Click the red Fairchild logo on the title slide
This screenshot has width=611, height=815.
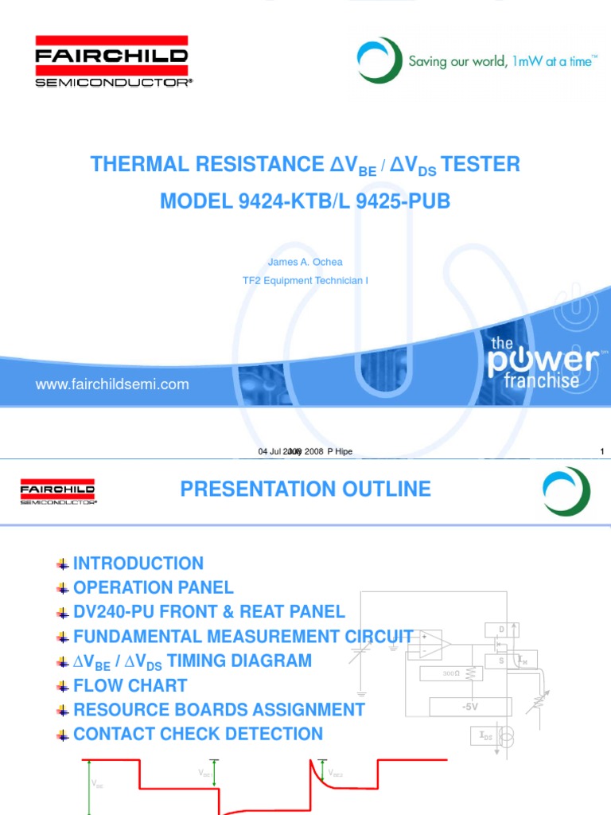(111, 60)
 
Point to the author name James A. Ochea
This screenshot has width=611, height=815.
(305, 263)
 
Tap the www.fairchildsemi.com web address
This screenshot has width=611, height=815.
(112, 384)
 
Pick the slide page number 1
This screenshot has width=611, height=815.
(602, 452)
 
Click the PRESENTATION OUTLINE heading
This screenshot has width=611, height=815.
(305, 489)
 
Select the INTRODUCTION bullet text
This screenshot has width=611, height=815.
(138, 563)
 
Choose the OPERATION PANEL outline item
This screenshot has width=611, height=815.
(154, 588)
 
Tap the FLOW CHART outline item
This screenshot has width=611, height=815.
(130, 685)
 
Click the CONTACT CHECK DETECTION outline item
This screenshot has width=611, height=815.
(198, 734)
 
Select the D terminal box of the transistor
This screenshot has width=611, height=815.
(502, 630)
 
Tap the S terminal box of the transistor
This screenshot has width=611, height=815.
(502, 661)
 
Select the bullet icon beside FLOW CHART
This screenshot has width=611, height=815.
(63, 686)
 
